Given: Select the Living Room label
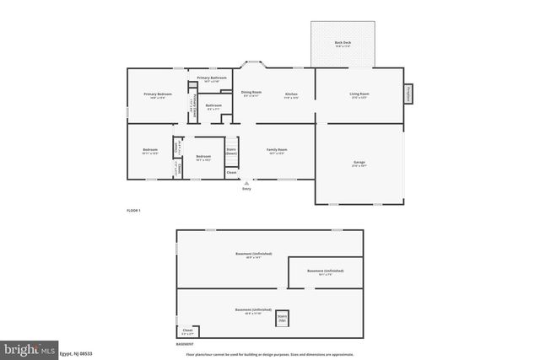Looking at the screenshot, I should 360,94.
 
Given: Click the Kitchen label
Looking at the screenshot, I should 291,94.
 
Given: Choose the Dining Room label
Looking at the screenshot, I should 251,93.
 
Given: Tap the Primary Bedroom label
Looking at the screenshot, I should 157,94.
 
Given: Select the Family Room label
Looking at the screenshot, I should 277,151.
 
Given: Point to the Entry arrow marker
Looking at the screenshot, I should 246,182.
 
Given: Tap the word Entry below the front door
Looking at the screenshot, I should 246,189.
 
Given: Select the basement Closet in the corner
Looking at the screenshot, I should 186,331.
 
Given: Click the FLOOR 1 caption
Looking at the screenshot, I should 133,209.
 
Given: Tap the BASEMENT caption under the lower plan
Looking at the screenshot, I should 184,343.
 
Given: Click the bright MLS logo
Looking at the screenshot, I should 30,348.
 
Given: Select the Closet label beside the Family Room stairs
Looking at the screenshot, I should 231,173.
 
